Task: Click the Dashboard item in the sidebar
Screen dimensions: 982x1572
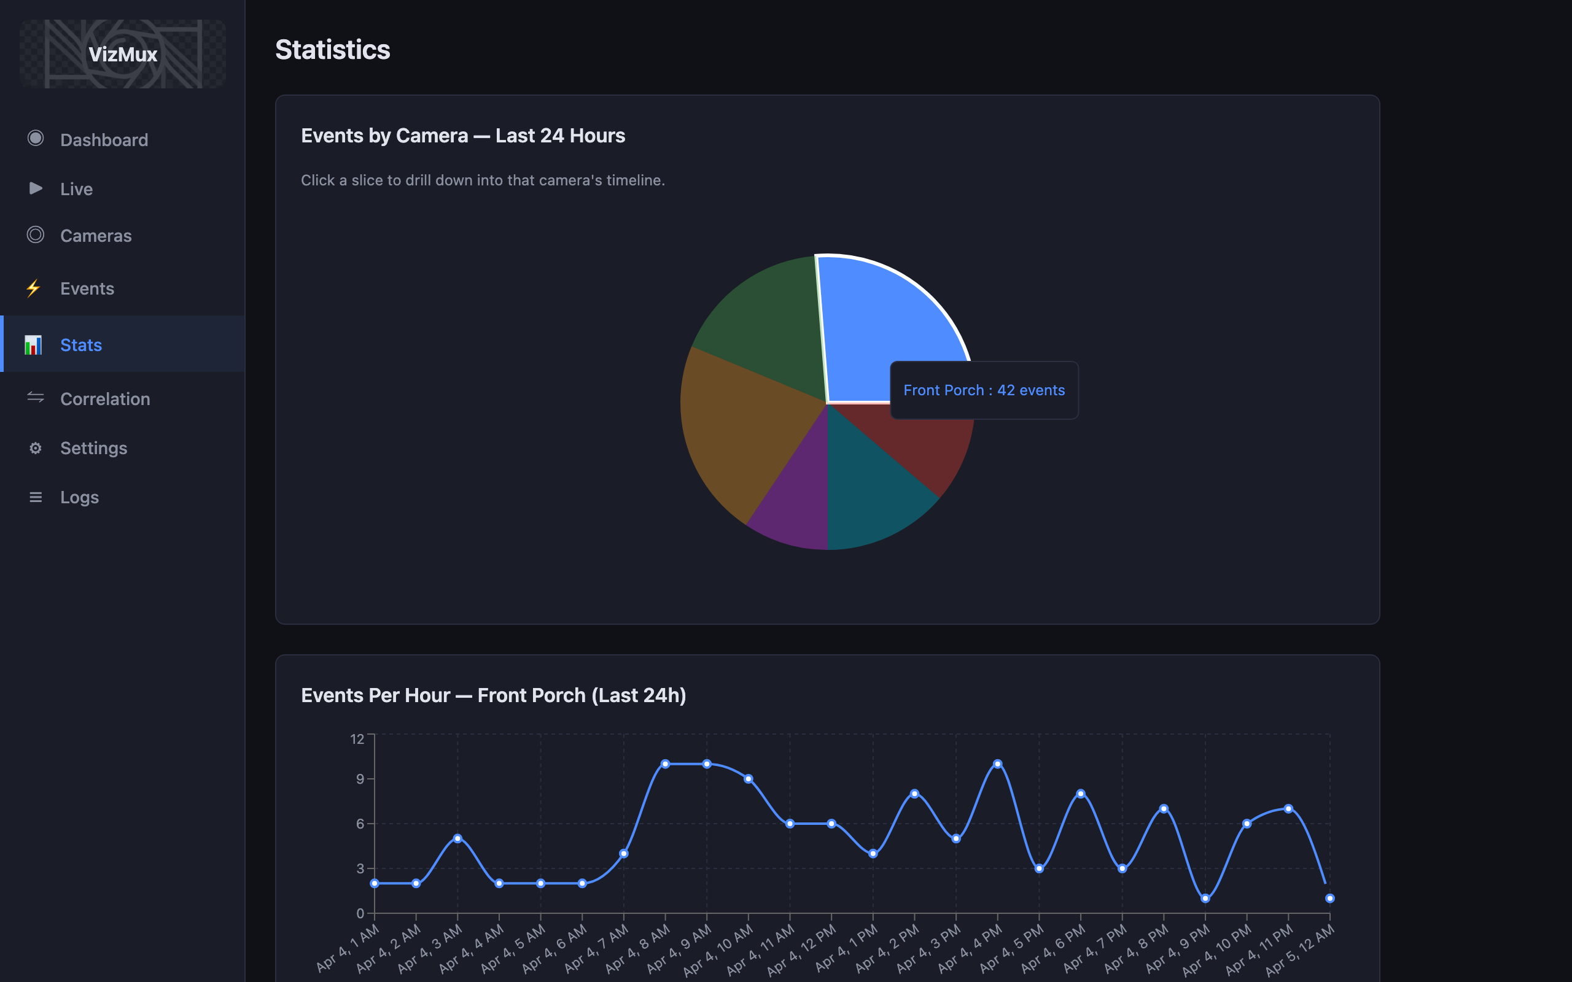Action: tap(104, 140)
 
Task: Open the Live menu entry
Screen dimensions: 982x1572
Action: tap(76, 189)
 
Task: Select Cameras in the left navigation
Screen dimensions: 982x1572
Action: tap(96, 236)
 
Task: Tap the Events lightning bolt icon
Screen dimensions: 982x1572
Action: tap(34, 288)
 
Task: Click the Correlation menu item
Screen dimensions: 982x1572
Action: tap(104, 399)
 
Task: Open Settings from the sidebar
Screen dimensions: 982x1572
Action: tap(93, 448)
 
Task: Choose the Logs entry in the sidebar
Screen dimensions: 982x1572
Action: tap(79, 498)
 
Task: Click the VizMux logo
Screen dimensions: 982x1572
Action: tap(123, 55)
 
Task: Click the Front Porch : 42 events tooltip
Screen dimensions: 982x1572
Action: tap(984, 390)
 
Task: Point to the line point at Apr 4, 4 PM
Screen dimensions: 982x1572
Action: tap(997, 764)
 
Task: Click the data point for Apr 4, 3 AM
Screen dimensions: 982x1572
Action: tap(457, 838)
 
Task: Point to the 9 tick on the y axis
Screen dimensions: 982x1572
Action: tap(360, 779)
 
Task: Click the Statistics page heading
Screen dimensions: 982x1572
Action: tap(333, 50)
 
